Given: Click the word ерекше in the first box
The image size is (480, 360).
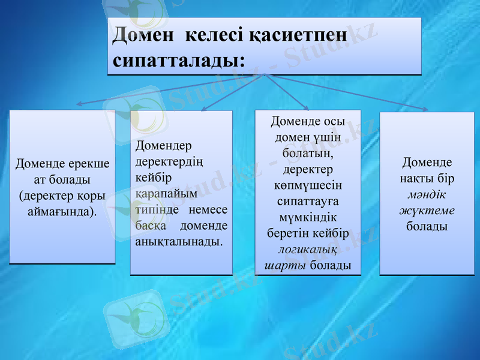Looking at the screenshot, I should click(88, 163).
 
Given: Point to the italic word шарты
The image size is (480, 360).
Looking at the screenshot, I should click(286, 265).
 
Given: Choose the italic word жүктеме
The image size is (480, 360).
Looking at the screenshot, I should click(427, 211).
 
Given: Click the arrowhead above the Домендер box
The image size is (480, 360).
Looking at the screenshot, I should click(203, 108).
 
